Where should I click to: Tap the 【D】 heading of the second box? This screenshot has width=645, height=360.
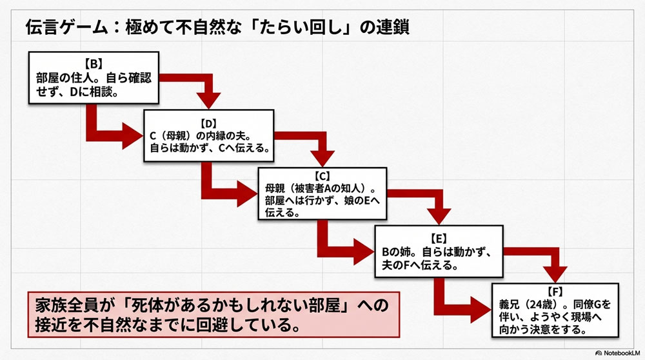(208, 122)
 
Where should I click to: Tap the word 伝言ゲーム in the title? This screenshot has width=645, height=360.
(62, 29)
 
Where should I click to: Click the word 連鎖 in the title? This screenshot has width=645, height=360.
(392, 29)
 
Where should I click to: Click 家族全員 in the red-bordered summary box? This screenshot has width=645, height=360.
(62, 303)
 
